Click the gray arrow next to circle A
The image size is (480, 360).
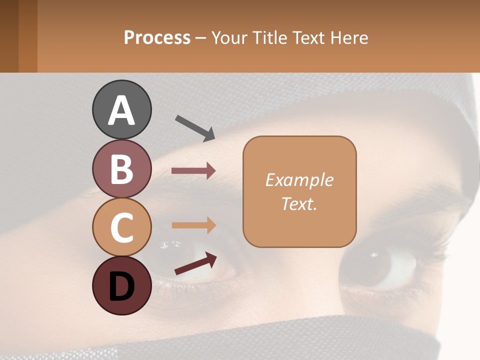pyautogui.click(x=194, y=127)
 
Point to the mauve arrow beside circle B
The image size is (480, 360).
pyautogui.click(x=193, y=171)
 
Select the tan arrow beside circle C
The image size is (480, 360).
pyautogui.click(x=193, y=225)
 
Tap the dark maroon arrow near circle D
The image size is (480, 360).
pyautogui.click(x=195, y=263)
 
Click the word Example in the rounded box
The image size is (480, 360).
pyautogui.click(x=299, y=180)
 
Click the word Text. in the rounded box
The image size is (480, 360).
pyautogui.click(x=299, y=203)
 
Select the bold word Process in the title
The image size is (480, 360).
pyautogui.click(x=157, y=37)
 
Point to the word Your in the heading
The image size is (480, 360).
pyautogui.click(x=228, y=37)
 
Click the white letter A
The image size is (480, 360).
pyautogui.click(x=121, y=110)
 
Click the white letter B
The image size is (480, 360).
pyautogui.click(x=121, y=169)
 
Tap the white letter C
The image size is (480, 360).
pyautogui.click(x=121, y=227)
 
